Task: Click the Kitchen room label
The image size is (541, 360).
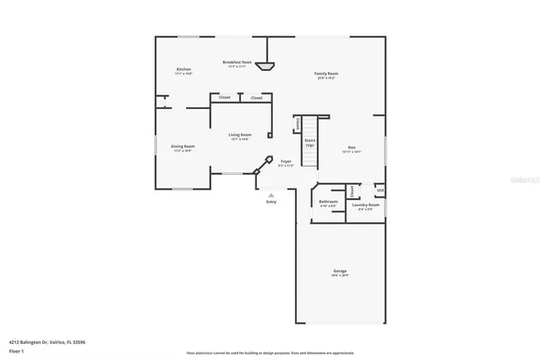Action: tap(183, 69)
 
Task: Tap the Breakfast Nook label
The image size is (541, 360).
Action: tap(237, 62)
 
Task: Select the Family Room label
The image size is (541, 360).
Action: tap(326, 74)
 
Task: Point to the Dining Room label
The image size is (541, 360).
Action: tap(183, 146)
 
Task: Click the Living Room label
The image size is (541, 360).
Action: tap(239, 135)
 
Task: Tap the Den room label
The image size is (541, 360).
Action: tap(352, 146)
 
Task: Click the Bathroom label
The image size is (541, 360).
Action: tap(328, 202)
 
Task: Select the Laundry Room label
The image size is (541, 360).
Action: tap(366, 205)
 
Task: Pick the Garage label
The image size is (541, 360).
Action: tap(340, 271)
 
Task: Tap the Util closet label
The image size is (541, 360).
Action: tap(380, 190)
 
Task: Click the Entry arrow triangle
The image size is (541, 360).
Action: tap(271, 194)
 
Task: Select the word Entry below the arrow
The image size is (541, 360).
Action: tap(271, 201)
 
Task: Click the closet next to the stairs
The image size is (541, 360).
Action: tap(298, 123)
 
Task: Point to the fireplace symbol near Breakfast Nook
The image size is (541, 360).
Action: tap(268, 65)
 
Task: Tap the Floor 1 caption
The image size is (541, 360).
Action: tap(17, 350)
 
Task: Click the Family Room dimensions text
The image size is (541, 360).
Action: tap(326, 78)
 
